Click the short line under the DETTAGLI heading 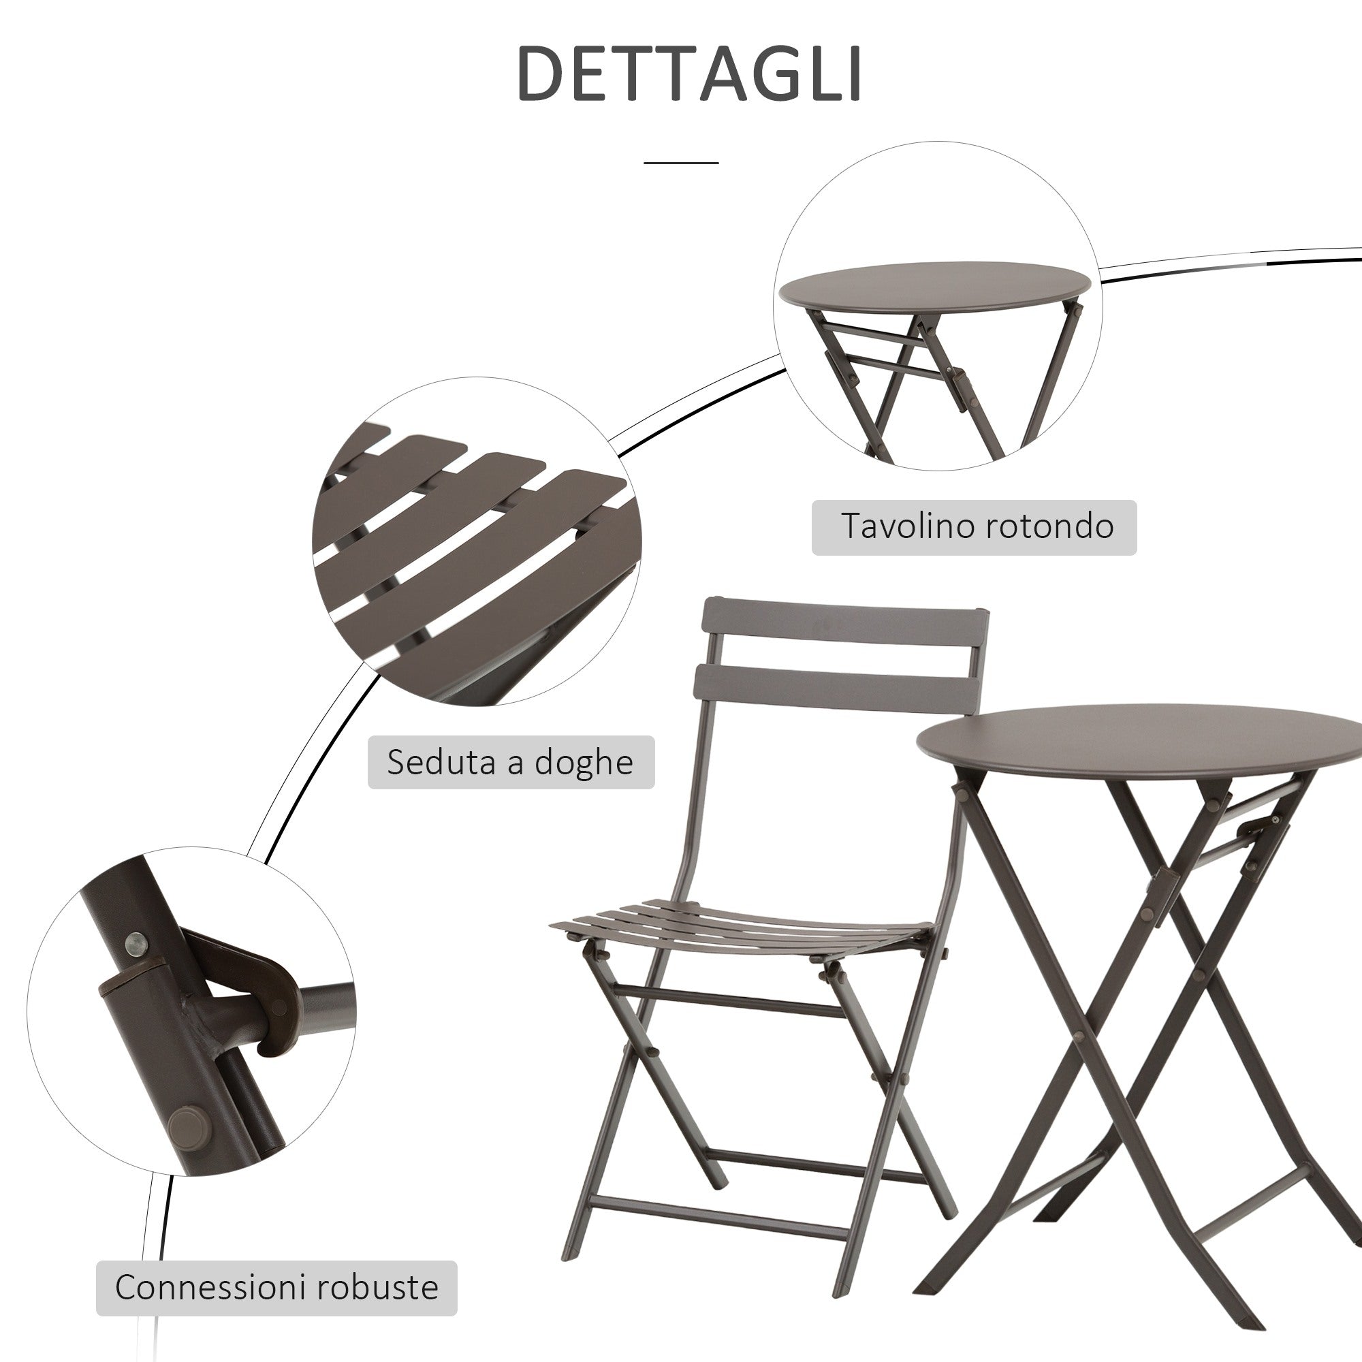tap(680, 163)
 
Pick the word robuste tap(377, 1286)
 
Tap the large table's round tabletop tap(1139, 740)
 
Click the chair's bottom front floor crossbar tap(719, 1214)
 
